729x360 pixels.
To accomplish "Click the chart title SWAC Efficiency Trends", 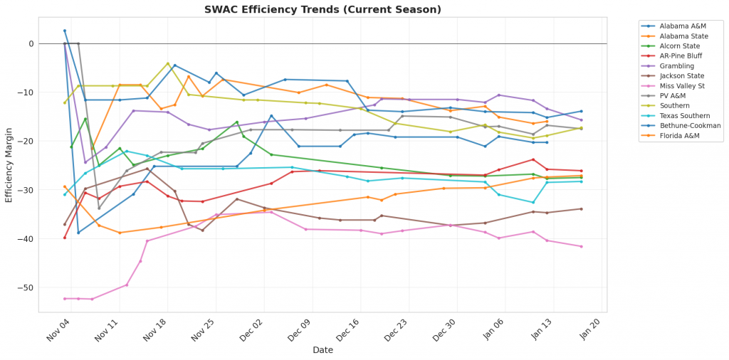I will [322, 9].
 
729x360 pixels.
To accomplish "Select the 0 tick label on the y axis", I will [31, 43].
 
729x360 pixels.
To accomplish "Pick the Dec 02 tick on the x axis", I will [252, 332].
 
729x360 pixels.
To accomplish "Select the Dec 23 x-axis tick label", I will [395, 332].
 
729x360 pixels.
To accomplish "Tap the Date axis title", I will [322, 350].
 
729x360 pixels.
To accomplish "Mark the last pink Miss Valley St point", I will [581, 246].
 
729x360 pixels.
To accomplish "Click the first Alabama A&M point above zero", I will [65, 31].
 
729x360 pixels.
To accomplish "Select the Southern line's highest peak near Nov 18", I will [168, 63].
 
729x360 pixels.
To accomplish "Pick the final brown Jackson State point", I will [581, 209].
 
